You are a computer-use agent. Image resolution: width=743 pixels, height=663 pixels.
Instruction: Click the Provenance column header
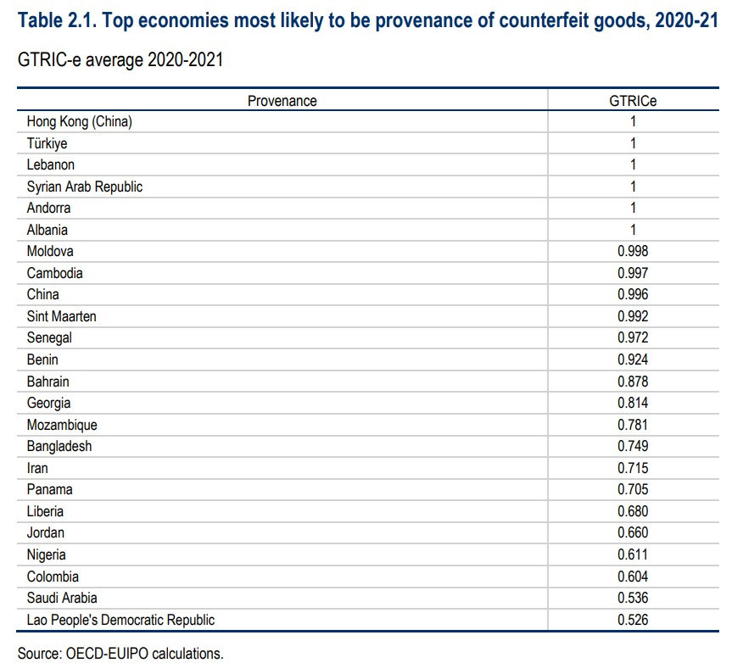pos(282,101)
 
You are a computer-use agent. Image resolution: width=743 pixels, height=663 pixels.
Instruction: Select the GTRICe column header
pos(633,101)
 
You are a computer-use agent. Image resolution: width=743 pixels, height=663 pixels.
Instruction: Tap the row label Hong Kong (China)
pos(80,122)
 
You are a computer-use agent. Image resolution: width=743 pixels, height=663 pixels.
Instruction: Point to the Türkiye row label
pos(47,143)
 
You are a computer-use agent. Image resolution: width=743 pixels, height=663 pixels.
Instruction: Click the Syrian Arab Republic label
pos(85,187)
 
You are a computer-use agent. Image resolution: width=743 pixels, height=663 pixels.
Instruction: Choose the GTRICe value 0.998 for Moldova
pos(633,251)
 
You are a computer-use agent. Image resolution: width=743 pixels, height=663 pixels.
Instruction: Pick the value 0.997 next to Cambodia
pos(633,273)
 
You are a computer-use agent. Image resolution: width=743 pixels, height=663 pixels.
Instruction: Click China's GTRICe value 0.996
pos(633,294)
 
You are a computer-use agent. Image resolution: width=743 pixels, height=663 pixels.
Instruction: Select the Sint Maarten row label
pos(61,316)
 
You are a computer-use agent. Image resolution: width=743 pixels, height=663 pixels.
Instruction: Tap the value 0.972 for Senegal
pos(633,337)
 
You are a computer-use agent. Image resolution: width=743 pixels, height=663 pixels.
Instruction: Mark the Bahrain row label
pos(47,382)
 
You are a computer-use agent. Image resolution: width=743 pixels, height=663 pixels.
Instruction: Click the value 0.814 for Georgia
pos(633,403)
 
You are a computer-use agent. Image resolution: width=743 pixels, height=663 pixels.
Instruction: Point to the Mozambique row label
pos(62,425)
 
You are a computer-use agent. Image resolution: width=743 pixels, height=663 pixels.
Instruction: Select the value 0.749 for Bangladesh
pos(633,446)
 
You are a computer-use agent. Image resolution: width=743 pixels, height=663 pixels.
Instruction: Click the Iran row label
pos(37,468)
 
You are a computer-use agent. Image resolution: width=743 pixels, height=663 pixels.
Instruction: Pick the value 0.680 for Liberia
pos(633,511)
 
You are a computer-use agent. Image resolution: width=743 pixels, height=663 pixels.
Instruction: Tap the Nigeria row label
pos(46,554)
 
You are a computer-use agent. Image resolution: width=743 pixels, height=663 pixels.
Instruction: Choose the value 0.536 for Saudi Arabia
pos(633,598)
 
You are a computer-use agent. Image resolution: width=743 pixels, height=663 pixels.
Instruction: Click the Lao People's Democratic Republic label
pos(120,620)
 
